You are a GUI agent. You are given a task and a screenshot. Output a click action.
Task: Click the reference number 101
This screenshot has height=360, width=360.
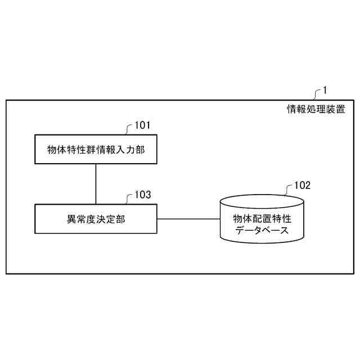tap(143, 125)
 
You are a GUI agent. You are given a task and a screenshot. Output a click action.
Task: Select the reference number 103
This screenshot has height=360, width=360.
tap(143, 195)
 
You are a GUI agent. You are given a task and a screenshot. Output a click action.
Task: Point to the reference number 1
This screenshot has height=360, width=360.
tap(325, 90)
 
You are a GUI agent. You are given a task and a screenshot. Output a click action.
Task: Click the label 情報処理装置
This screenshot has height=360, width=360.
tap(316, 110)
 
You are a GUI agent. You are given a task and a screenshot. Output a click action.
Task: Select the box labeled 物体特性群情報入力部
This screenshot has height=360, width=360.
tap(96, 149)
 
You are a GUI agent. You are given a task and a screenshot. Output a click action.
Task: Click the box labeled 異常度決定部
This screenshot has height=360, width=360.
tap(96, 219)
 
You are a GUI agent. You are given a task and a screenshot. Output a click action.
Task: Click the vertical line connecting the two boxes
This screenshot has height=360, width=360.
tap(96, 184)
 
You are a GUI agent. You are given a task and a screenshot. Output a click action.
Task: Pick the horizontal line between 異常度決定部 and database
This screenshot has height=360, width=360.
tap(188, 219)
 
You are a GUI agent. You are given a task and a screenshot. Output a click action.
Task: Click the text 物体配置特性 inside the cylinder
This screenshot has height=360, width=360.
tap(262, 218)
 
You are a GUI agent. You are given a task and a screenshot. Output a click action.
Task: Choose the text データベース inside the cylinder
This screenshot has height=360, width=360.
tap(262, 229)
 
